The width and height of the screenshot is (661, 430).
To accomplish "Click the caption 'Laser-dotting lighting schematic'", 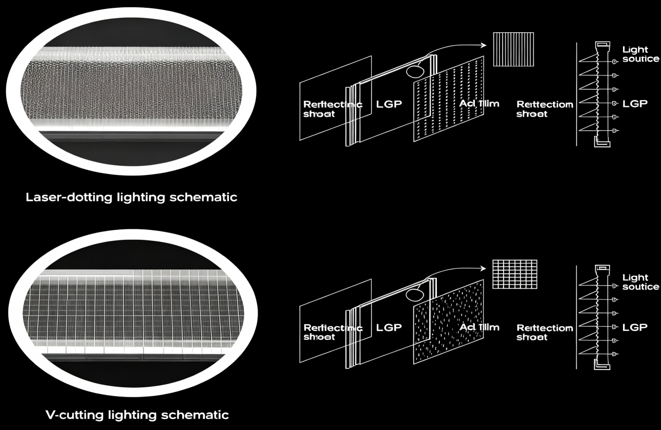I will point(132,198).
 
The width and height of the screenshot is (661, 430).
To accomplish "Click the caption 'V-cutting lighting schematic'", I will point(137,415).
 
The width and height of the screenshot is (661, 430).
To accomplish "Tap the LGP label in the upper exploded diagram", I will point(389,104).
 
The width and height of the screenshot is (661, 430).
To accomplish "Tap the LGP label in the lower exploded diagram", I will point(389,328).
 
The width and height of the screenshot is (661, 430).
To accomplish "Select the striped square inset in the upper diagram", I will point(514,49).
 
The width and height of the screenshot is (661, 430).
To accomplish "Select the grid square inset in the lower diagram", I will point(515,274).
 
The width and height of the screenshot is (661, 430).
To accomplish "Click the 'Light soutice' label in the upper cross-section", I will point(640,54).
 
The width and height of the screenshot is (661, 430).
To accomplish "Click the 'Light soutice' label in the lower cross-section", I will point(640,282).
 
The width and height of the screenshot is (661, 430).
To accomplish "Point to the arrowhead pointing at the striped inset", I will point(483,45).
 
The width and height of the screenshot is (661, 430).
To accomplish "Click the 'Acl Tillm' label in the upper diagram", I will point(479,103).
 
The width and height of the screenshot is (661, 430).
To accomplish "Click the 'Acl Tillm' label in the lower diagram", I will point(479,327).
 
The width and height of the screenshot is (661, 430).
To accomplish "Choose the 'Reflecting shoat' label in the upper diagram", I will point(332,108).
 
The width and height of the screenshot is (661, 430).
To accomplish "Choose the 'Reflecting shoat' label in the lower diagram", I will point(332,332).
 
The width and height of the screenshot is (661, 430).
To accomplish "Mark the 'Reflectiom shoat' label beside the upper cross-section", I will point(544,108).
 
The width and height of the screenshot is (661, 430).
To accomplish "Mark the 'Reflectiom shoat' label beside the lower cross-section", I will point(544,332).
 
